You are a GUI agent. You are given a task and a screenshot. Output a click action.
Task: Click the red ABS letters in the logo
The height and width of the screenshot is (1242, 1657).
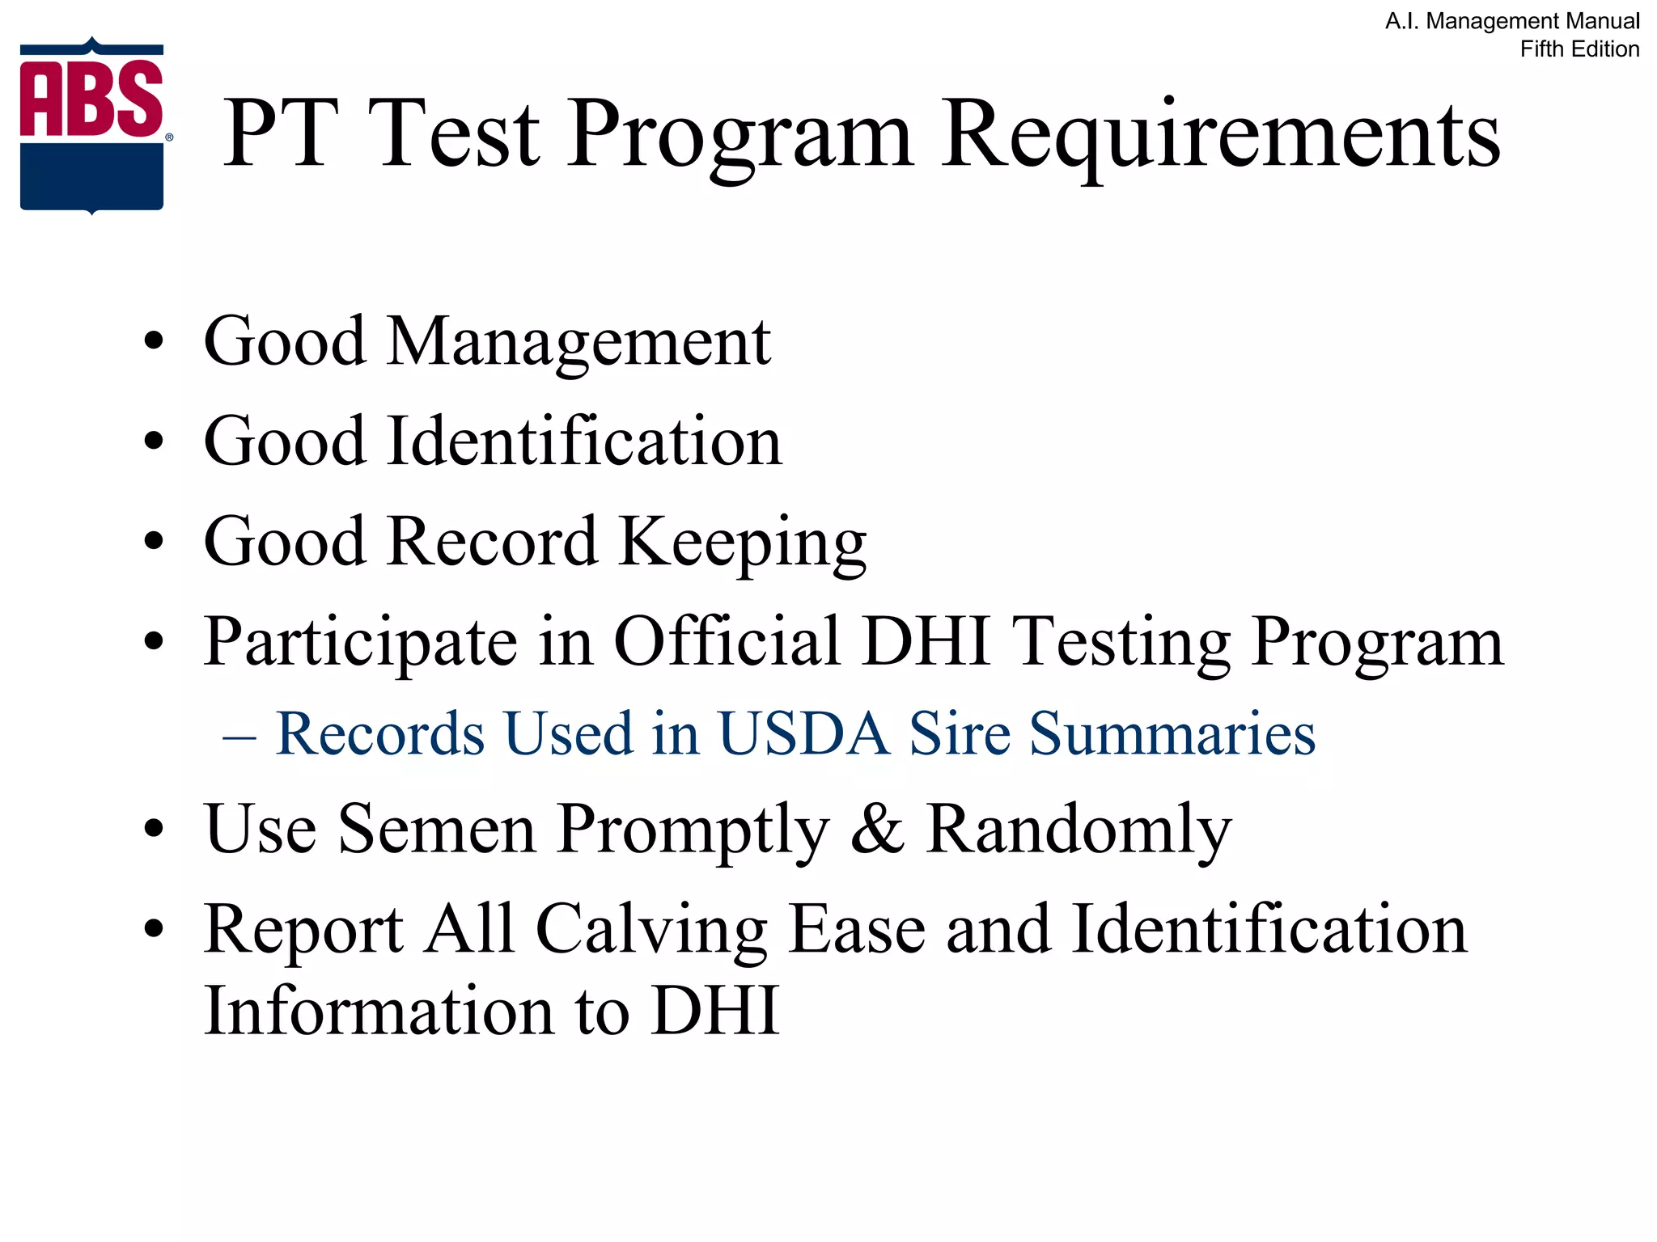pos(91,99)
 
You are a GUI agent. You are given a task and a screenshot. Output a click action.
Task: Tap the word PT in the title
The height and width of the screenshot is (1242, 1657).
pos(279,134)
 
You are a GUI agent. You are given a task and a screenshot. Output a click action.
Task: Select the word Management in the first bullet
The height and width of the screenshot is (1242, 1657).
pos(578,342)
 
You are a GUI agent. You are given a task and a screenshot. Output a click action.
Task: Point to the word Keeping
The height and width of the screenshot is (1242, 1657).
pos(742,543)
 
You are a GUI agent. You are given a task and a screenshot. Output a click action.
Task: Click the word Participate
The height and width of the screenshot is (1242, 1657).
pos(360,643)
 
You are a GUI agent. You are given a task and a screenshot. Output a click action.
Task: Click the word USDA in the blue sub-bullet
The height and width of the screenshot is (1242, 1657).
pos(803,734)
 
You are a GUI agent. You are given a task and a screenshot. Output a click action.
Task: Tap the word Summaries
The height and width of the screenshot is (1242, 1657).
pos(1172,734)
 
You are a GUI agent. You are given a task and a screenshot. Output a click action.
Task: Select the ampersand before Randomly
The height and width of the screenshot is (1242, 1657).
pos(877,829)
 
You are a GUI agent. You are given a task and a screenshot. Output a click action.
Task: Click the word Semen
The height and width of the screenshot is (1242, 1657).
pos(437,829)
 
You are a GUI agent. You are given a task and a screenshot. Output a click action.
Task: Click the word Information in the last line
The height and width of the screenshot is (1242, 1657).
pos(379,1011)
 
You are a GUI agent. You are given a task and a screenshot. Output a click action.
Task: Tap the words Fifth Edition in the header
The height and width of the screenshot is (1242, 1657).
pos(1579,49)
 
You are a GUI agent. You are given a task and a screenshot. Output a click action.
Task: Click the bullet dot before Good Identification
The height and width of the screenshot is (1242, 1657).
pos(153,441)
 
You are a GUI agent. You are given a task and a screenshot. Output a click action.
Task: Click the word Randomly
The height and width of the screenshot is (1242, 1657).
pos(1079,830)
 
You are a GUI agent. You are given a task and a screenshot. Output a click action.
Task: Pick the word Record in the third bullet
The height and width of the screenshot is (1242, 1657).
pos(493,541)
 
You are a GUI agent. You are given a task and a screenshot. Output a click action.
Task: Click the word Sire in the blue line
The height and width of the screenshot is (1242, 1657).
pos(960,734)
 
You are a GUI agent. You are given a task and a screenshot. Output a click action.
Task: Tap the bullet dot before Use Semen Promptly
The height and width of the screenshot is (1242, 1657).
pos(153,830)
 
